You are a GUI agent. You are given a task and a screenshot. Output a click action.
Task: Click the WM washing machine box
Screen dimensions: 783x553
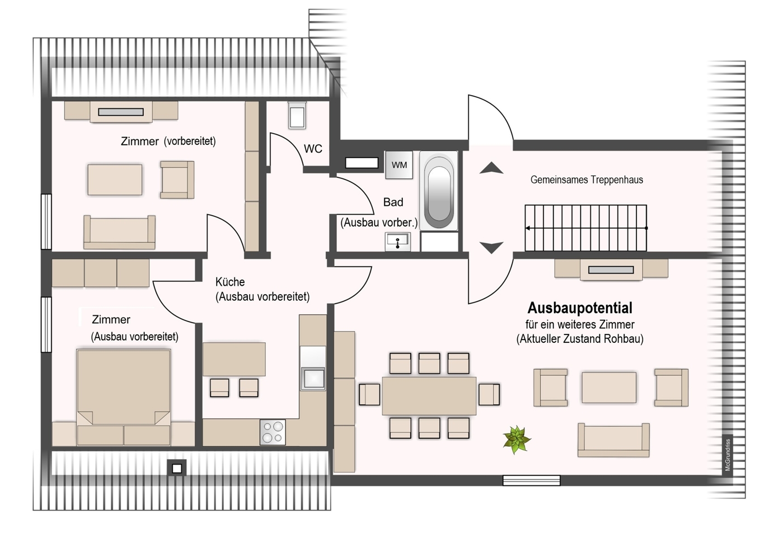pyautogui.click(x=399, y=165)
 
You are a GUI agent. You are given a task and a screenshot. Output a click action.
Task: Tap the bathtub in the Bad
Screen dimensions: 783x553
pyautogui.click(x=439, y=191)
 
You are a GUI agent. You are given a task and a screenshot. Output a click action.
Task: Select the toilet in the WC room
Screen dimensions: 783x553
pyautogui.click(x=297, y=115)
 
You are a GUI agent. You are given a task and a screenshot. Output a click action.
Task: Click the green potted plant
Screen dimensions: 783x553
pyautogui.click(x=517, y=439)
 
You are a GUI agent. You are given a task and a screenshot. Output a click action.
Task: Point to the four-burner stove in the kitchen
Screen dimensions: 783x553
pyautogui.click(x=273, y=432)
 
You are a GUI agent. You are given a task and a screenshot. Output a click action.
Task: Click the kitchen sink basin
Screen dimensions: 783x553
pyautogui.click(x=313, y=378)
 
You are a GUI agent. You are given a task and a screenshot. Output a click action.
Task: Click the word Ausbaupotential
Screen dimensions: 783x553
pyautogui.click(x=580, y=308)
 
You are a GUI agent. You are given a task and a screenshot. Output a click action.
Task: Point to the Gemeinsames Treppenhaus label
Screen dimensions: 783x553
pyautogui.click(x=587, y=180)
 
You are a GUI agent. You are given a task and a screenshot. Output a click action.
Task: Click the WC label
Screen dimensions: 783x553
pyautogui.click(x=313, y=149)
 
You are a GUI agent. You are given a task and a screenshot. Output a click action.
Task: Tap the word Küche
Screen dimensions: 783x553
pyautogui.click(x=230, y=282)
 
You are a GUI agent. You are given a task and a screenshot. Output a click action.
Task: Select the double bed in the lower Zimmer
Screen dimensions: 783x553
pyautogui.click(x=123, y=398)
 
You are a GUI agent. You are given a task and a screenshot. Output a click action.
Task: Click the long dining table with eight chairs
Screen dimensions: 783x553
pyautogui.click(x=429, y=396)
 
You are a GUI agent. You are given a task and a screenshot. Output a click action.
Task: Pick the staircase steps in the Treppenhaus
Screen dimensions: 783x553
pyautogui.click(x=586, y=228)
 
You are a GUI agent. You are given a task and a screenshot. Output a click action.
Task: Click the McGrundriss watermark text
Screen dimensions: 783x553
pyautogui.click(x=728, y=455)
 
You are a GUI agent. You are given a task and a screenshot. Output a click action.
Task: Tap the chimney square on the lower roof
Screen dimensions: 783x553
pyautogui.click(x=177, y=468)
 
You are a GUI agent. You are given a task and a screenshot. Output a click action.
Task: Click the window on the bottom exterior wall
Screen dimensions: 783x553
pyautogui.click(x=531, y=480)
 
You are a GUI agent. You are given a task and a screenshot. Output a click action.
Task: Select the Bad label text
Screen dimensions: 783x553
pyautogui.click(x=393, y=202)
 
